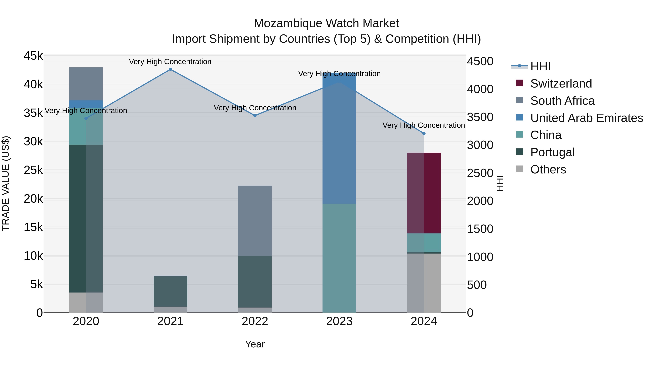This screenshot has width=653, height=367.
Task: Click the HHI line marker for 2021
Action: (170, 69)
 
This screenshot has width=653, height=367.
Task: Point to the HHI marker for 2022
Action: (255, 115)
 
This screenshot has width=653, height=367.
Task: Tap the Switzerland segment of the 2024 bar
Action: (424, 192)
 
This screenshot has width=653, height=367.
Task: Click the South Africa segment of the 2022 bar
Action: (255, 220)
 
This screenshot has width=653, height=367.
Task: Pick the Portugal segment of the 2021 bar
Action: (170, 291)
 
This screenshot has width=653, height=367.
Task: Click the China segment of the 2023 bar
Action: (339, 258)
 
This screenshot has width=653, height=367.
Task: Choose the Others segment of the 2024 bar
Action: (424, 283)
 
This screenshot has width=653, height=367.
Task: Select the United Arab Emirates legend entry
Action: (586, 118)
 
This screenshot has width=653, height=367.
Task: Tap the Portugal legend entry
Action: (552, 152)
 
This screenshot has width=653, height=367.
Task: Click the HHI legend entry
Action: (540, 66)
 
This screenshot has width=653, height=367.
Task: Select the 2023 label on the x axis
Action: (339, 321)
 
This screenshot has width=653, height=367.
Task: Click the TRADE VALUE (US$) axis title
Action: (6, 183)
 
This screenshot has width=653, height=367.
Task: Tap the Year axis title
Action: (255, 344)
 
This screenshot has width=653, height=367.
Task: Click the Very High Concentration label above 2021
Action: (170, 62)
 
